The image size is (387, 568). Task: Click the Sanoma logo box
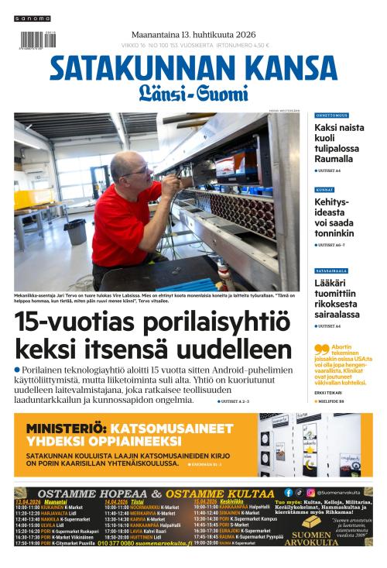tap(32, 18)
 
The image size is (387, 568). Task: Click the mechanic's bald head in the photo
tap(124, 164)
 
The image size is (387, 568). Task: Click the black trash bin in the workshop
tap(75, 231)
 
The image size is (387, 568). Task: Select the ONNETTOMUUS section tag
tap(331, 115)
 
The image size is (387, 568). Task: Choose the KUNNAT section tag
tap(324, 189)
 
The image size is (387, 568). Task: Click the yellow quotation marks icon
tap(321, 349)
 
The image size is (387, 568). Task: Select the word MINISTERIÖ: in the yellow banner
tap(65, 429)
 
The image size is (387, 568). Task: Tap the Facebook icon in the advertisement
tap(289, 492)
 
